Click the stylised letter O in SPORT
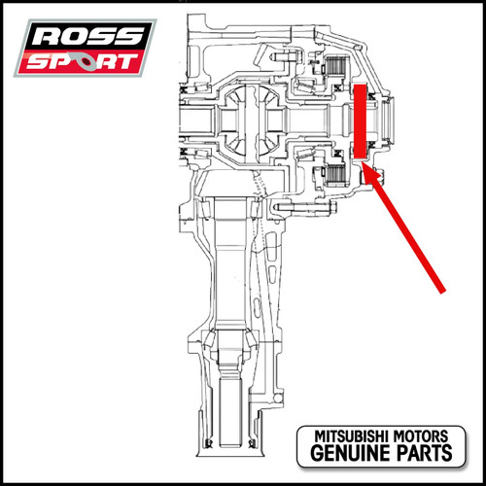pos(84,61)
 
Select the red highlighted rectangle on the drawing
pos(360,121)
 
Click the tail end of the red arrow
pos(442,292)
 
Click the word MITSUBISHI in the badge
pos(352,436)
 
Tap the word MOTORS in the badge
pos(421,436)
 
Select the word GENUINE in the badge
pos(352,453)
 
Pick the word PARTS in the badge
pos(425,453)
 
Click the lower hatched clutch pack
pos(337,176)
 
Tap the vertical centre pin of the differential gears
pos(252,122)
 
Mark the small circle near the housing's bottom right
pos(277,398)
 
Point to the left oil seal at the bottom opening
pos(209,442)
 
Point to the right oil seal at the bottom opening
pos(251,442)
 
